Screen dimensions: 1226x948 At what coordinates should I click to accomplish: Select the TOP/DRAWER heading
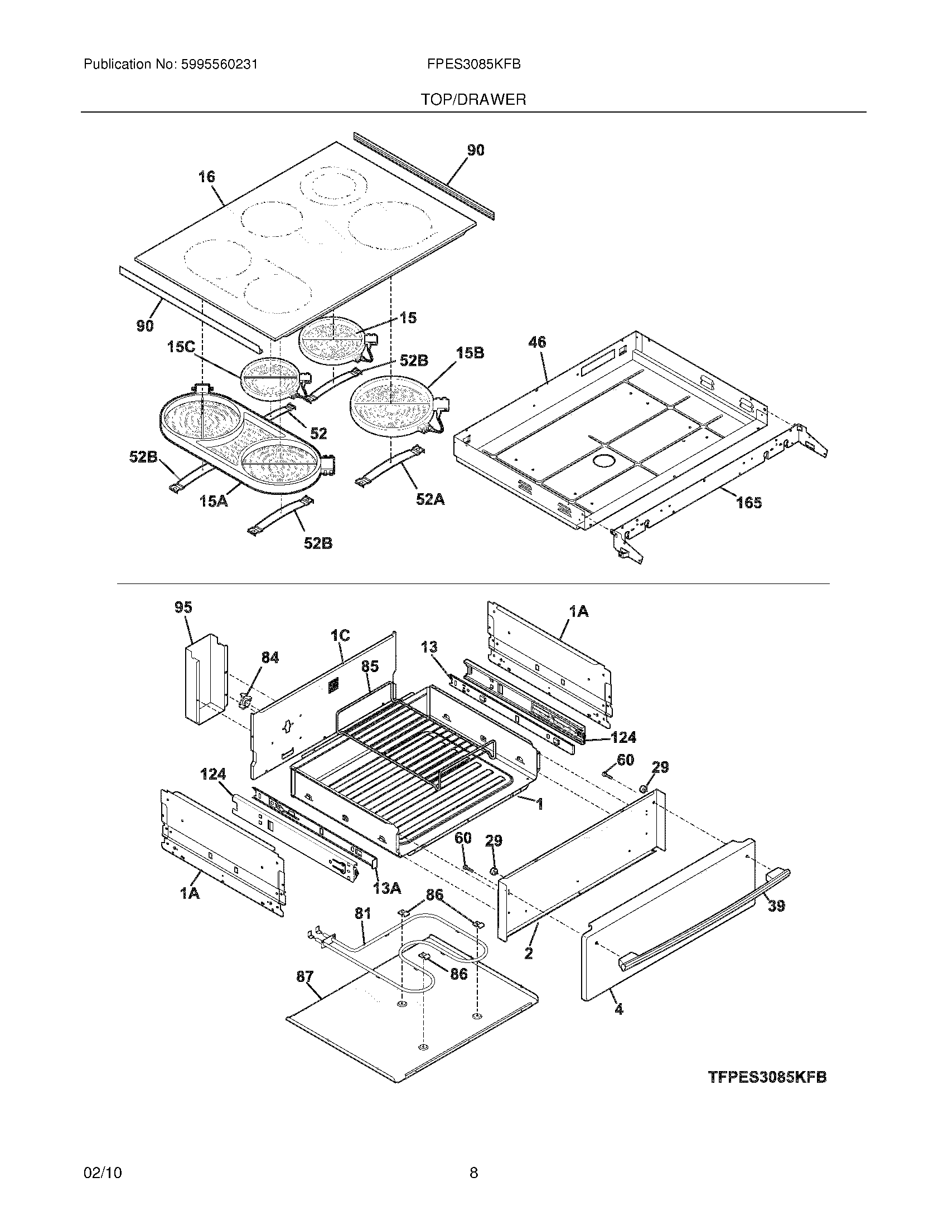pos(473,100)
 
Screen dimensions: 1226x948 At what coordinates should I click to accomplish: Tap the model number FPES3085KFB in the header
pos(473,65)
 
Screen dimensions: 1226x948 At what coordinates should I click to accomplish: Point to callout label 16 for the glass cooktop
pos(207,177)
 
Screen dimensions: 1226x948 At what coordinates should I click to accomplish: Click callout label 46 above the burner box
pos(538,342)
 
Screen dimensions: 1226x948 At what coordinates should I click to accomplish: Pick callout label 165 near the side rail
pos(749,503)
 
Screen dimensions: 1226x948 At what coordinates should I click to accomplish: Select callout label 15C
pos(181,348)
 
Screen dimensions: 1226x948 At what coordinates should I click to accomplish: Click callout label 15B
pos(470,353)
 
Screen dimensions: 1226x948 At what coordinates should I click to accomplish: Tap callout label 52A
pos(430,499)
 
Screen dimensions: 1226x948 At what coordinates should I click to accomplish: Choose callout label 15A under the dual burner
pos(214,501)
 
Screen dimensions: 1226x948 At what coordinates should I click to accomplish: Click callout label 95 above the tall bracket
pos(183,607)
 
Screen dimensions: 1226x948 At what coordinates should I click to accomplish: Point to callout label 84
pos(270,658)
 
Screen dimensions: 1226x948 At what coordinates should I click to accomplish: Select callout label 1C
pos(340,635)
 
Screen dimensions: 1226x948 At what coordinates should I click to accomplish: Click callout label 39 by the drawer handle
pos(776,906)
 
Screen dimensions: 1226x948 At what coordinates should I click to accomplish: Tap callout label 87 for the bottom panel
pos(305,977)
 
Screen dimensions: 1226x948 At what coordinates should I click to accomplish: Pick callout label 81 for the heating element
pos(363,913)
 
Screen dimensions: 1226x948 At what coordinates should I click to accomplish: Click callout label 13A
pos(387,888)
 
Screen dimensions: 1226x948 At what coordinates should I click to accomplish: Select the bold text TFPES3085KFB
pos(767,1077)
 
